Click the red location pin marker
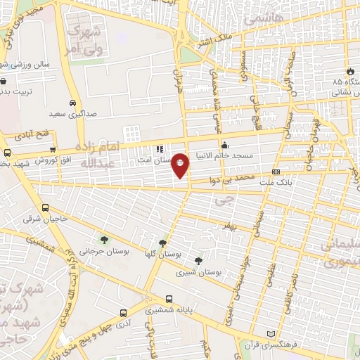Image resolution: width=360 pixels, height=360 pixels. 181,165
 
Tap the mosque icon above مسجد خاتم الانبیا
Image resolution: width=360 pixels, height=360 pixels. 225,146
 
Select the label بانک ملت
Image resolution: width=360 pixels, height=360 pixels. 257,182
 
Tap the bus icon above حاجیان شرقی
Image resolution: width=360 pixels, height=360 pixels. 46,208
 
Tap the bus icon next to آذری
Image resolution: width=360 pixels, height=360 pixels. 122,313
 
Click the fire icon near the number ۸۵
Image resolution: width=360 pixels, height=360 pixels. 349,71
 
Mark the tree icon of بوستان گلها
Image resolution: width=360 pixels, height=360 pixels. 164,243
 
